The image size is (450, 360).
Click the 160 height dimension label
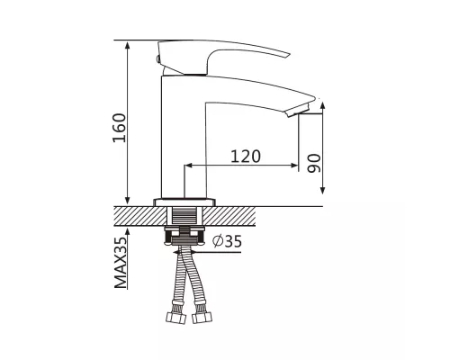tap(119, 128)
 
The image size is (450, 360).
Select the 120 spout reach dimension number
tap(246, 157)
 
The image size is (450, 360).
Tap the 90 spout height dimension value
tap(314, 164)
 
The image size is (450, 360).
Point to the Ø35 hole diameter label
tap(227, 241)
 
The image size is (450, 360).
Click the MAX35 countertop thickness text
tap(121, 263)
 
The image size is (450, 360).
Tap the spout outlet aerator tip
tap(298, 110)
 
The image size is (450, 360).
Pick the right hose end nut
tap(202, 318)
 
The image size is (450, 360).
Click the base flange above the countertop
tap(184, 202)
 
